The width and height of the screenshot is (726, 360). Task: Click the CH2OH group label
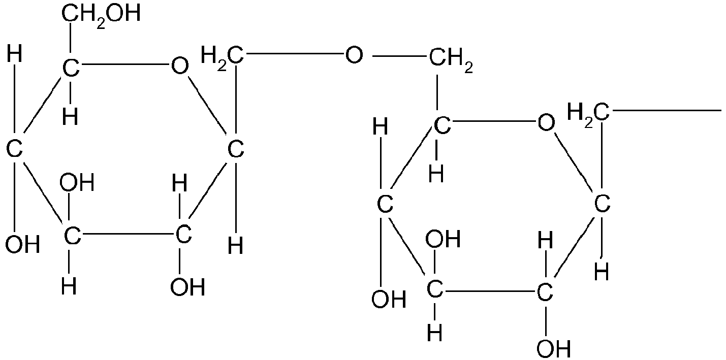coord(101,15)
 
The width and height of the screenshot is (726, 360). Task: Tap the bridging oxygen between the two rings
coord(354,55)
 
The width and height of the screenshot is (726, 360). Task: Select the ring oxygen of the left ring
coord(179,66)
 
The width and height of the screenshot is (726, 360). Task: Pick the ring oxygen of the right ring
coord(546,123)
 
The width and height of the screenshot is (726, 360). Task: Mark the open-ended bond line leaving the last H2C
coord(667,111)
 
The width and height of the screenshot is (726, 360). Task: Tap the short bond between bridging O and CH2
coord(399,56)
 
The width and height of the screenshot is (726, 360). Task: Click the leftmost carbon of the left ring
coord(14,149)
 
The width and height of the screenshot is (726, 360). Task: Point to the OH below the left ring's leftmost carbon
coord(23,244)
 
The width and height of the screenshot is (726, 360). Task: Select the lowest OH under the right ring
coord(554,349)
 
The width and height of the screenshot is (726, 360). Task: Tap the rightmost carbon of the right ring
coord(602,204)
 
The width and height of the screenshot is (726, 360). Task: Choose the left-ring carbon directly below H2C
coord(236,149)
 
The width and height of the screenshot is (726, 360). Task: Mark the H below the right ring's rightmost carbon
coord(602,272)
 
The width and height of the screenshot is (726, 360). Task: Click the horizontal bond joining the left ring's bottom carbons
coord(127,234)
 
